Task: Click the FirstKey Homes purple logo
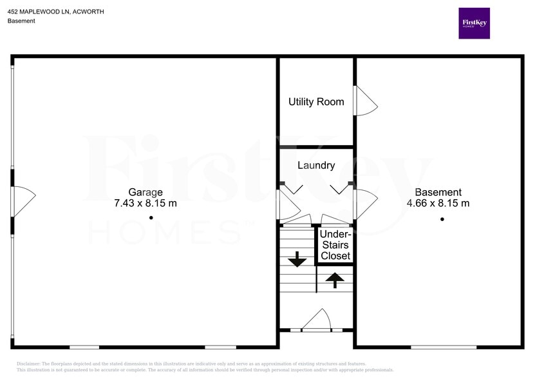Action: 474,23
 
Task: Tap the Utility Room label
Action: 316,102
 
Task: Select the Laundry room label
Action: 316,166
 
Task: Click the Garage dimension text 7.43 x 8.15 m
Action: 145,203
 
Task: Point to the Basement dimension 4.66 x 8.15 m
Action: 438,203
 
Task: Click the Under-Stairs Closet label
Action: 335,245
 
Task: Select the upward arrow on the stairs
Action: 335,280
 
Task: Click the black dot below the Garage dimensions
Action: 151,218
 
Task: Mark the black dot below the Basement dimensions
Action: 442,219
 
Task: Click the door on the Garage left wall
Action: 23,201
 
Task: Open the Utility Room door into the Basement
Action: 366,101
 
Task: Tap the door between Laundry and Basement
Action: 365,204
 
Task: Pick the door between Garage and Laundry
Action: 287,204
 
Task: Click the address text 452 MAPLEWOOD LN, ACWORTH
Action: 56,12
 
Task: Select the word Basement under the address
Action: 21,21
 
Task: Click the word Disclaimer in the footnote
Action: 28,364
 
